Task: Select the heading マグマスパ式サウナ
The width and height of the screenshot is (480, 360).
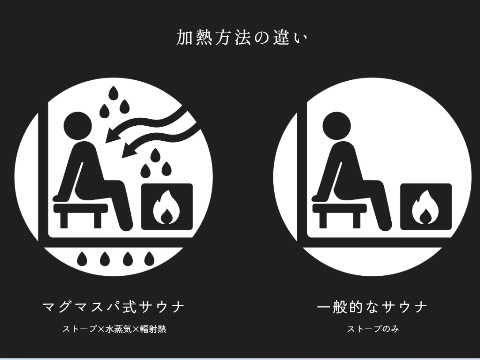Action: pyautogui.click(x=113, y=307)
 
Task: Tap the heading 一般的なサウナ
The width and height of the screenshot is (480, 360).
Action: pyautogui.click(x=373, y=307)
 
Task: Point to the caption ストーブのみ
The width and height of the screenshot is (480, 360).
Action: pyautogui.click(x=373, y=329)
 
